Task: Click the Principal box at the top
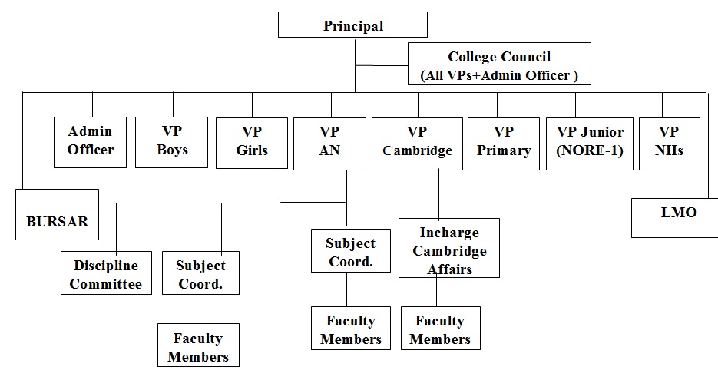click(x=353, y=25)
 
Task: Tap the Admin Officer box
click(x=91, y=141)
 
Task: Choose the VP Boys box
click(x=172, y=141)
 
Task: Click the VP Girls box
click(x=252, y=141)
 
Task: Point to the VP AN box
click(x=329, y=141)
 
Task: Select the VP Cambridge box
click(x=418, y=141)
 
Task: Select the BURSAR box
click(x=57, y=214)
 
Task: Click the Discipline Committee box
click(x=106, y=274)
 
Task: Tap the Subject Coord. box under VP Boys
click(x=200, y=274)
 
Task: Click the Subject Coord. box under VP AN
click(x=350, y=252)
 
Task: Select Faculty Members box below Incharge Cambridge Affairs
click(x=440, y=329)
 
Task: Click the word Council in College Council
click(x=526, y=57)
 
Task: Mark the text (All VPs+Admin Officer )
click(x=499, y=75)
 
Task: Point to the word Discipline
click(x=106, y=266)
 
